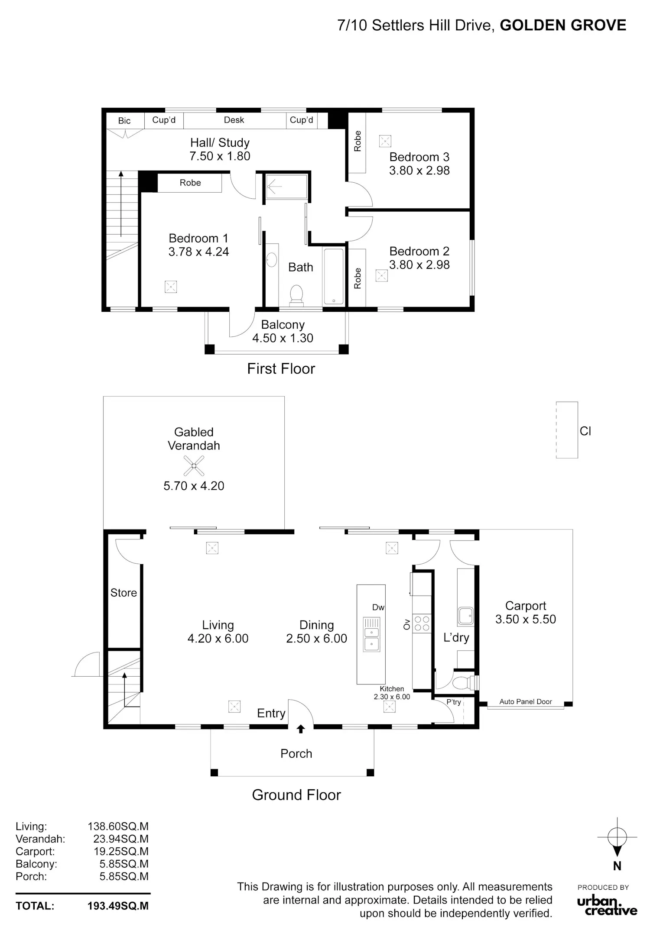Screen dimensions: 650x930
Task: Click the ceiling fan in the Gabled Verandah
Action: click(194, 465)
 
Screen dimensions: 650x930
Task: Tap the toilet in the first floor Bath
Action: click(296, 295)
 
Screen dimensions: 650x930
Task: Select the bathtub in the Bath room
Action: click(333, 276)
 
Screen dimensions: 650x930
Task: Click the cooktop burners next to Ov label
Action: click(422, 623)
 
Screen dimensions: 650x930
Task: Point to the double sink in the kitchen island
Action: click(371, 634)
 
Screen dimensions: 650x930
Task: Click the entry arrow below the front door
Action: click(301, 729)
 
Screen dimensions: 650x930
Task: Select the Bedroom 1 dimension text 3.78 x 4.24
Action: click(198, 252)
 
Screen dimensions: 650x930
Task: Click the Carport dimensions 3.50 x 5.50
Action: click(526, 619)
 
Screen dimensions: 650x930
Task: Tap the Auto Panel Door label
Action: click(526, 702)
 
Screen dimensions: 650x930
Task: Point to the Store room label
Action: click(123, 593)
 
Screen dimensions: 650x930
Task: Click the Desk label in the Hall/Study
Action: click(234, 120)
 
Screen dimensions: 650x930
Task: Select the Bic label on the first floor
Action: click(124, 121)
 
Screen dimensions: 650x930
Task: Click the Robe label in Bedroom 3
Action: click(357, 141)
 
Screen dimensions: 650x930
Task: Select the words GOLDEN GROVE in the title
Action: click(563, 26)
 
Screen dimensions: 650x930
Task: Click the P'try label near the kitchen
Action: click(454, 702)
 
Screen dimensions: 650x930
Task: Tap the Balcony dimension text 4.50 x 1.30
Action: click(283, 338)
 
